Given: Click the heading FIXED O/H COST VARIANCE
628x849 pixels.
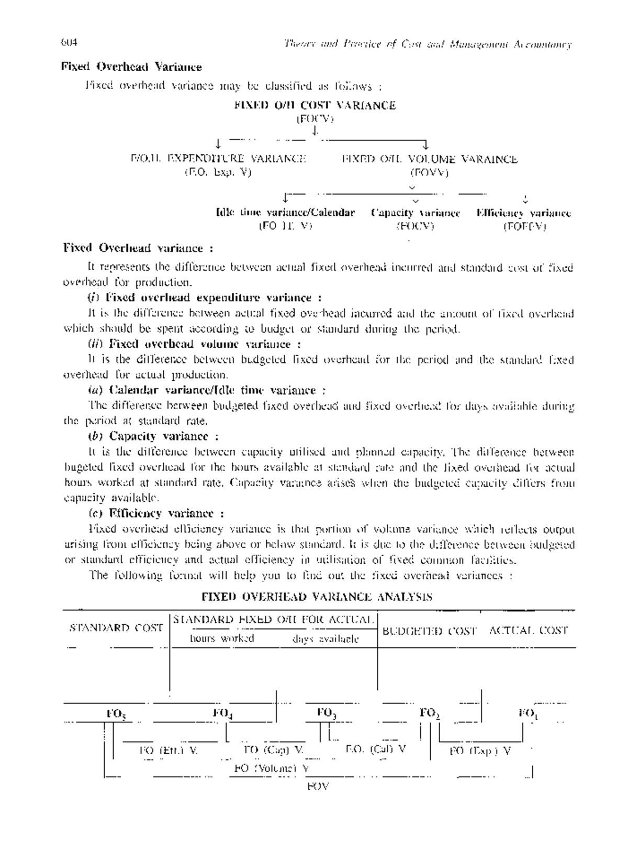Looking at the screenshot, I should pyautogui.click(x=315, y=105).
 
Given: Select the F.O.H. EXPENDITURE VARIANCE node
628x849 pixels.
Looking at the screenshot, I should pyautogui.click(x=218, y=159).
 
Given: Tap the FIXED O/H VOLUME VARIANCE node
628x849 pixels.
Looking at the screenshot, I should pyautogui.click(x=430, y=159).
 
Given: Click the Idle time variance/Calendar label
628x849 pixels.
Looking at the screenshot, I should pyautogui.click(x=285, y=213).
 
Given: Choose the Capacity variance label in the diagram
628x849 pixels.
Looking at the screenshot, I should pyautogui.click(x=416, y=213).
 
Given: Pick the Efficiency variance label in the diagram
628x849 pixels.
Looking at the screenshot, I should pyautogui.click(x=523, y=213).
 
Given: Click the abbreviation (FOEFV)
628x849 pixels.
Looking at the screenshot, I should pyautogui.click(x=524, y=227).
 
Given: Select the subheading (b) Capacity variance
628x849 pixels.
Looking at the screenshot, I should pyautogui.click(x=153, y=436).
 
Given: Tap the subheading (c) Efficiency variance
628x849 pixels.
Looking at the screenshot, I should pyautogui.click(x=156, y=513).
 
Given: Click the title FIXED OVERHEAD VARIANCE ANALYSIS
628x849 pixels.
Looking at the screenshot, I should pyautogui.click(x=317, y=597).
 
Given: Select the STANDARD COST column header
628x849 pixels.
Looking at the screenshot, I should pyautogui.click(x=116, y=628).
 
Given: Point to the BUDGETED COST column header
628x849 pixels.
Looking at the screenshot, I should pyautogui.click(x=430, y=631).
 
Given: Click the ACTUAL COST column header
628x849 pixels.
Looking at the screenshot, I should pyautogui.click(x=529, y=631).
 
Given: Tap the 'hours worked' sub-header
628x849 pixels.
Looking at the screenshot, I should pyautogui.click(x=222, y=638).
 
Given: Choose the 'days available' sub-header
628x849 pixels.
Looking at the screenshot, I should pyautogui.click(x=326, y=639).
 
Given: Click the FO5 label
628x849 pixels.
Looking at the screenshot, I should pyautogui.click(x=116, y=713).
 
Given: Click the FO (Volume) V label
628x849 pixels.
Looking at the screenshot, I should pyautogui.click(x=271, y=768).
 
